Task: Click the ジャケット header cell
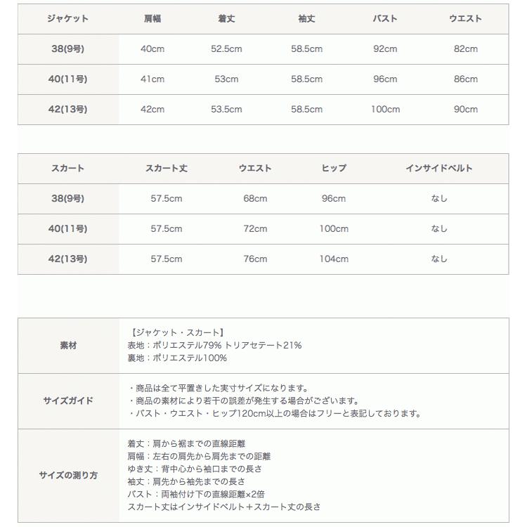point(67,19)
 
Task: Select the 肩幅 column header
point(152,19)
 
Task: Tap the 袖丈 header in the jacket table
point(306,19)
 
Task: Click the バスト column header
point(385,19)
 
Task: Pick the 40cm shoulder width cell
point(152,49)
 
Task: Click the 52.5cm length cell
point(226,49)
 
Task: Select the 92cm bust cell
point(385,49)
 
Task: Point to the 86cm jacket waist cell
point(465,79)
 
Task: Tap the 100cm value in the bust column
point(385,110)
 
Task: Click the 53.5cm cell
point(226,110)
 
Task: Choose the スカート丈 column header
point(166,169)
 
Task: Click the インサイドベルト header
point(438,169)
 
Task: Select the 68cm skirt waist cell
point(255,199)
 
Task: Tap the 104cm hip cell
point(334,259)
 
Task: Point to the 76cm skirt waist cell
point(255,259)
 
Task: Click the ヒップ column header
point(334,169)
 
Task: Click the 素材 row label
point(68,346)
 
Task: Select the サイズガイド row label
point(68,401)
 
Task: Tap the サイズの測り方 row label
point(68,476)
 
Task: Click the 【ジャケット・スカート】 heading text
point(177,332)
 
